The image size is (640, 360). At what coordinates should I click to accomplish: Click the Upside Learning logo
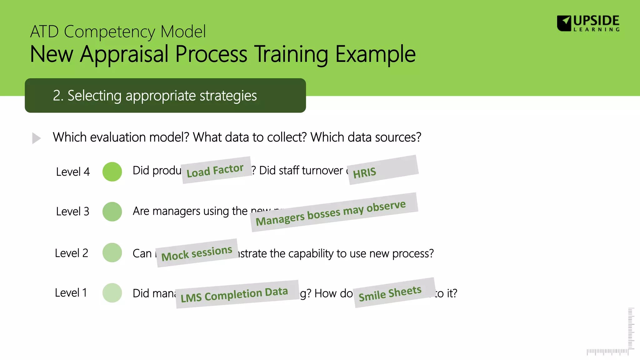pyautogui.click(x=588, y=23)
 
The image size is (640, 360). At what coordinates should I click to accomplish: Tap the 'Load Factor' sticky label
pyautogui.click(x=216, y=170)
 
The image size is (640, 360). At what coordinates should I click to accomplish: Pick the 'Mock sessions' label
pyautogui.click(x=197, y=253)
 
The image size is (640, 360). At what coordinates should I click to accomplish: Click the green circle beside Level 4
pyautogui.click(x=112, y=172)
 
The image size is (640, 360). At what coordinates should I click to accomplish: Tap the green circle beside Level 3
pyautogui.click(x=112, y=212)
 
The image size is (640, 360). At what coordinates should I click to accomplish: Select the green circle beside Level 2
pyautogui.click(x=112, y=252)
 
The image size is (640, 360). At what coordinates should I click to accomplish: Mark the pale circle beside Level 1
pyautogui.click(x=112, y=293)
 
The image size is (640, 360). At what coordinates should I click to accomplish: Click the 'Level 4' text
pyautogui.click(x=73, y=172)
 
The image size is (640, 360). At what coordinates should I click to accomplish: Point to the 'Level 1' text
pyautogui.click(x=71, y=293)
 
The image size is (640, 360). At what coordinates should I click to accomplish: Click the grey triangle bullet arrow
pyautogui.click(x=36, y=138)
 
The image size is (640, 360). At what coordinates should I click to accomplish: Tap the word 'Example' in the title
pyautogui.click(x=375, y=54)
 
